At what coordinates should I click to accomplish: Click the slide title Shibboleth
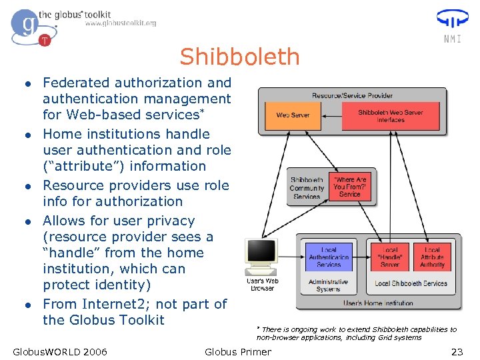click(x=239, y=57)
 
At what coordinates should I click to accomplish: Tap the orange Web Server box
click(x=293, y=115)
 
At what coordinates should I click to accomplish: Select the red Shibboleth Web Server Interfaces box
click(x=391, y=116)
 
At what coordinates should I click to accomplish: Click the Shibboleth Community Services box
click(x=307, y=188)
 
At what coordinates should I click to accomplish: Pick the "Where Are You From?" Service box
click(x=350, y=187)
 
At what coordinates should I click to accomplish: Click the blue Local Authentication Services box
click(x=329, y=257)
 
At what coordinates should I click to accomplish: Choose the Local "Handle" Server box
click(x=390, y=257)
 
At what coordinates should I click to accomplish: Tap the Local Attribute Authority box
click(x=432, y=257)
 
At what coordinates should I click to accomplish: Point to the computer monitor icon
click(x=262, y=254)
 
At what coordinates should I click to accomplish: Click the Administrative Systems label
click(x=328, y=286)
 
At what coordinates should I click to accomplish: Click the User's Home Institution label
click(x=378, y=303)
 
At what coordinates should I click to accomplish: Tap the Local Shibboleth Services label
click(x=411, y=283)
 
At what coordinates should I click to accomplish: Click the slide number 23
click(x=457, y=351)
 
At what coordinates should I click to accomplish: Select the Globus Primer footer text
click(x=238, y=351)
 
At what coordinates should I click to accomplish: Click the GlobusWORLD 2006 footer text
click(x=60, y=351)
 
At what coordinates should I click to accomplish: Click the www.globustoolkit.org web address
click(x=121, y=23)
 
